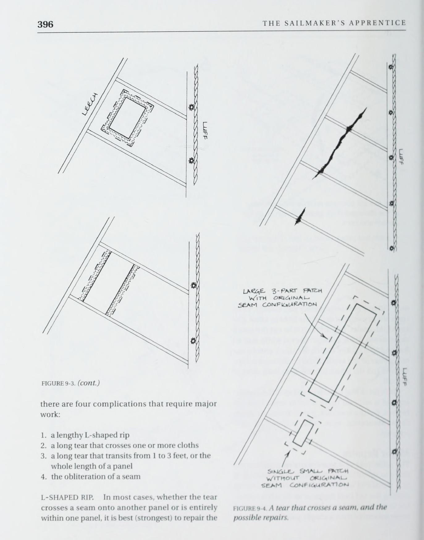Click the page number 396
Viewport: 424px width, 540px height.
click(45, 24)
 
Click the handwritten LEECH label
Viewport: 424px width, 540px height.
click(90, 104)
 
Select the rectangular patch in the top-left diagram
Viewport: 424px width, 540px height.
click(127, 117)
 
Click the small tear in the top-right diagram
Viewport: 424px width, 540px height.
click(300, 216)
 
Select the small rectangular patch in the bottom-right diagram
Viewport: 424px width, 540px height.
click(303, 433)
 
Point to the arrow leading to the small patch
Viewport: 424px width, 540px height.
click(285, 459)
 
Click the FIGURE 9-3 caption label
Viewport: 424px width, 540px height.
click(58, 384)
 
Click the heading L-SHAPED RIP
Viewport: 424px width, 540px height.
click(67, 497)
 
